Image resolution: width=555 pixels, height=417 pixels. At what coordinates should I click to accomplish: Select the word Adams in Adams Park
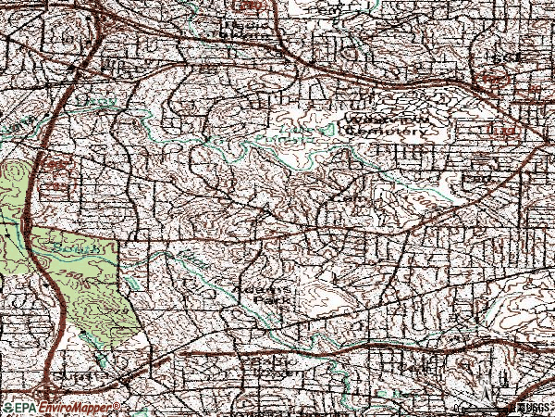tap(263, 288)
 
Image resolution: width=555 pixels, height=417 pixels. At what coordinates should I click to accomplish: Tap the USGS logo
tap(531, 408)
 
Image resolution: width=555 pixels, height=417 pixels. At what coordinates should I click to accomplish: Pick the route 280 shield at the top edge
tap(259, 5)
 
